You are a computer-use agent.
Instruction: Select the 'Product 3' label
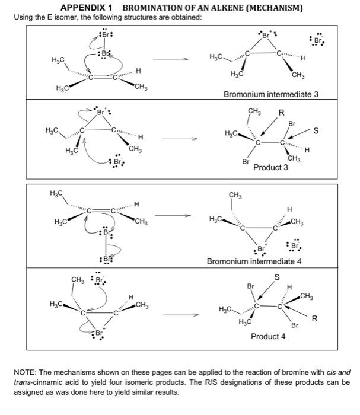tap(270, 168)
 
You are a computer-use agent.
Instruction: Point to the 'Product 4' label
tap(268, 336)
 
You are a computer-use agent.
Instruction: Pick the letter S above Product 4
tap(276, 276)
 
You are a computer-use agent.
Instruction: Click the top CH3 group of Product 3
tap(254, 110)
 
